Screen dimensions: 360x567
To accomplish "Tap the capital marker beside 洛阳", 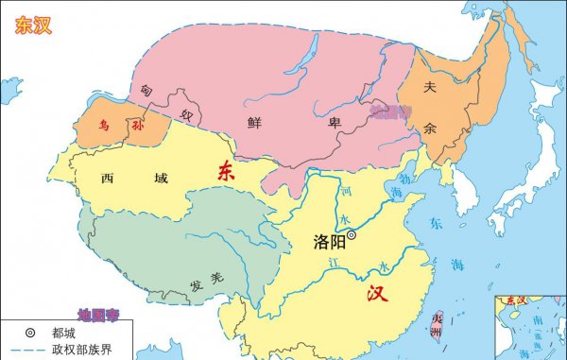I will tap(352, 234).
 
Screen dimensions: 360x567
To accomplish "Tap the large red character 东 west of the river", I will tap(225, 171).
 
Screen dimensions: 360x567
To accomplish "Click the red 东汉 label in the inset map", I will tap(517, 300).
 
